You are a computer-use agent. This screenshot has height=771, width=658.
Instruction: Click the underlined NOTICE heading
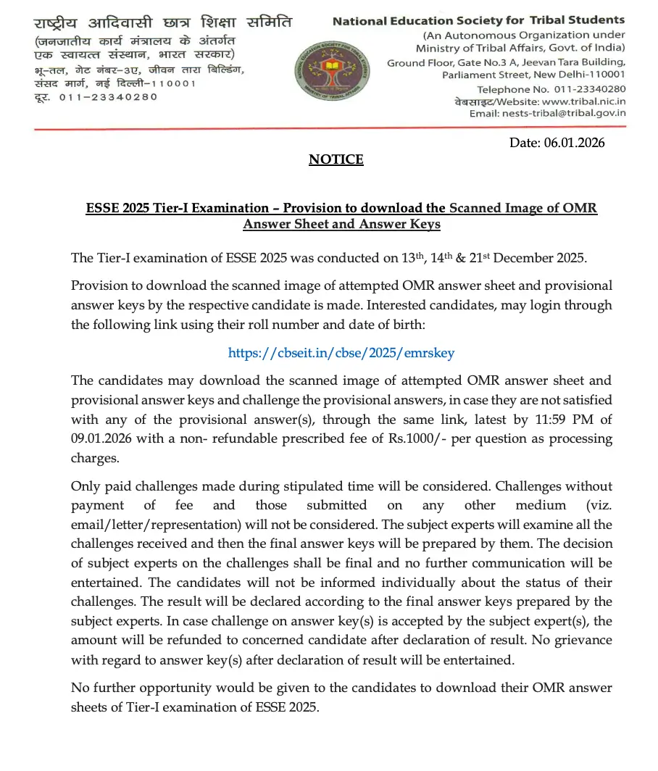(336, 159)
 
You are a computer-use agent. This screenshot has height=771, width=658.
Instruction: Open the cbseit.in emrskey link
(341, 353)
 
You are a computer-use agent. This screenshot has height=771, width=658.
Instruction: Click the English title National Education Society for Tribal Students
(478, 21)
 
